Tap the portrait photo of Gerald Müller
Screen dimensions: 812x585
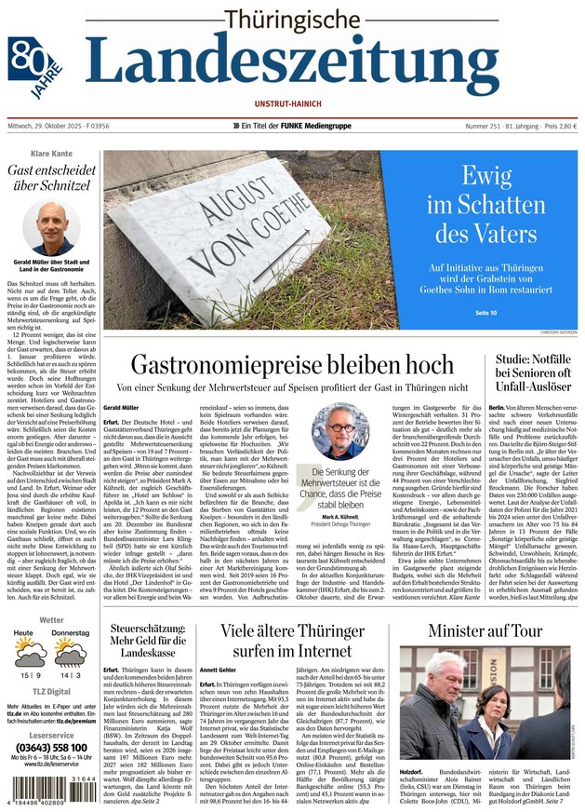tap(50, 229)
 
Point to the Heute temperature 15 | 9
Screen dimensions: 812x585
tap(28, 675)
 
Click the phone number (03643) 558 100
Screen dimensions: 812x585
tap(51, 748)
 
